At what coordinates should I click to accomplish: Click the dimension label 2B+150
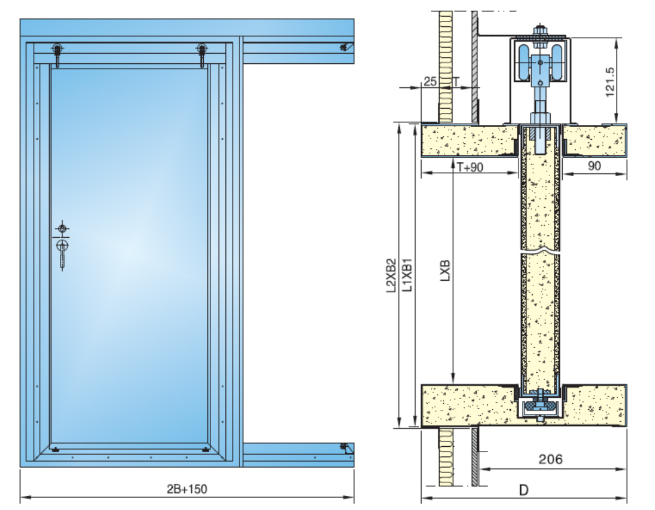(x=187, y=488)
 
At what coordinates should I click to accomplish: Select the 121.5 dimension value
(x=611, y=81)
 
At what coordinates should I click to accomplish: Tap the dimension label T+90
(x=470, y=167)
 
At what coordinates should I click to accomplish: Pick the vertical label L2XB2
(x=390, y=276)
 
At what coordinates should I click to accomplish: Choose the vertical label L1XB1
(x=406, y=276)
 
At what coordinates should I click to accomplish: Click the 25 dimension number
(x=430, y=81)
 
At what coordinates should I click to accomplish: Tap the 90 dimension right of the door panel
(x=594, y=167)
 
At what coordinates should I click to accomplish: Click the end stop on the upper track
(x=346, y=47)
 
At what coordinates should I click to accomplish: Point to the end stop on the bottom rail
(x=346, y=448)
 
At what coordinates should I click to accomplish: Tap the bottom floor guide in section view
(x=540, y=406)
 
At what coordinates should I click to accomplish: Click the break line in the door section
(x=540, y=254)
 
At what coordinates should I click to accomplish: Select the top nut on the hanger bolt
(x=540, y=30)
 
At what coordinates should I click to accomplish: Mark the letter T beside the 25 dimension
(x=457, y=81)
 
